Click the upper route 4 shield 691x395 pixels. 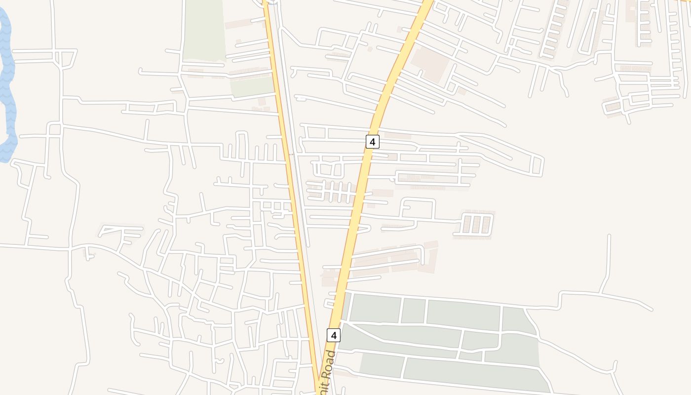373,142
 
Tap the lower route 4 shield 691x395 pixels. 334,335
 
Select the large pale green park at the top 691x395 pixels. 204,30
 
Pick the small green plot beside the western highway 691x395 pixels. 252,87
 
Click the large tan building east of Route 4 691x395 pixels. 429,64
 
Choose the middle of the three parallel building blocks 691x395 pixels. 476,225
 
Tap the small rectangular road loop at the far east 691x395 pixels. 537,166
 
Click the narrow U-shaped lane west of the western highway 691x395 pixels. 241,146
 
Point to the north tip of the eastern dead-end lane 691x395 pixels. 609,237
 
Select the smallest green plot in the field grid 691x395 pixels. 470,355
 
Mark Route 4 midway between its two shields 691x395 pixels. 354,237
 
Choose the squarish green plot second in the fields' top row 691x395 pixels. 413,311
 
